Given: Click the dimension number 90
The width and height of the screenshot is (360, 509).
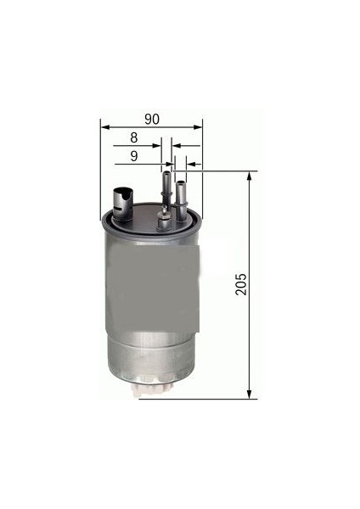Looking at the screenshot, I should (x=152, y=118).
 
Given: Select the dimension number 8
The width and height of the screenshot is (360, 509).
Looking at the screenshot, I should (x=134, y=137).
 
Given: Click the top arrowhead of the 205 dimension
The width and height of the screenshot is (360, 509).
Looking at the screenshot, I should (x=250, y=176).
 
